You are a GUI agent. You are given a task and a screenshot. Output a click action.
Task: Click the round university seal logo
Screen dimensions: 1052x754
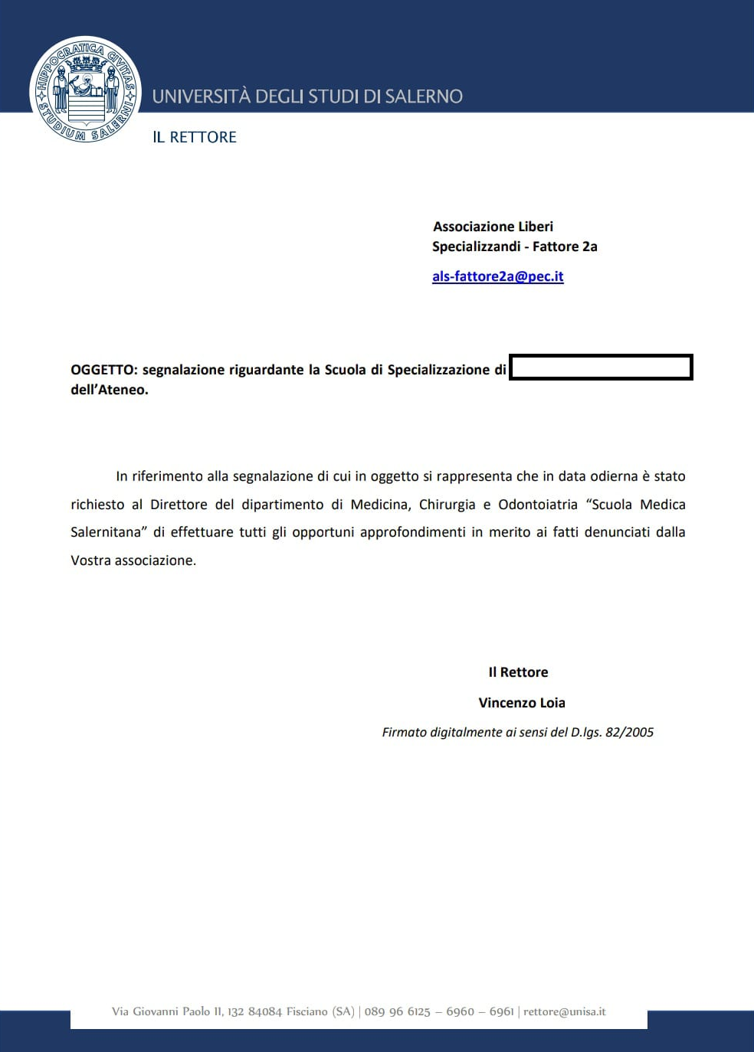pos(85,90)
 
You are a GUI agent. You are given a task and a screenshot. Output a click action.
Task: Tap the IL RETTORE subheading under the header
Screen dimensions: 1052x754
pos(195,137)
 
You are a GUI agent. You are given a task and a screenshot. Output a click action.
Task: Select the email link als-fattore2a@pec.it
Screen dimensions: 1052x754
pos(497,276)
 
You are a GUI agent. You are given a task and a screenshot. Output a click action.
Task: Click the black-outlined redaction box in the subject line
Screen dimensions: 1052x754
pos(601,368)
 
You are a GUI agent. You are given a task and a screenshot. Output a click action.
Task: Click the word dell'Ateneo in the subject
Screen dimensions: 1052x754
pos(109,390)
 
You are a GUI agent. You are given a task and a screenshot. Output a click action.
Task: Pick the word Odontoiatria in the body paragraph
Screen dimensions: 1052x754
pos(537,505)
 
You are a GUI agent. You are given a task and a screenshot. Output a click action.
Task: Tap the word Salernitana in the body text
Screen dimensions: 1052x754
pos(107,532)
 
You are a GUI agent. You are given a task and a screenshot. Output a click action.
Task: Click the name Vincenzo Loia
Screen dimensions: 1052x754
pos(522,703)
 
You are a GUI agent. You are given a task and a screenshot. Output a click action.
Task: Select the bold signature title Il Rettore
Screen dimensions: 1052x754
pos(518,672)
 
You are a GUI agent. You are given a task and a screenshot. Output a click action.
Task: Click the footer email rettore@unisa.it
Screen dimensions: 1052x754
pos(564,1011)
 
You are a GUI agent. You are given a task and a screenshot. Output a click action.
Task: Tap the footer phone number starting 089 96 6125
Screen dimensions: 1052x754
pos(398,1011)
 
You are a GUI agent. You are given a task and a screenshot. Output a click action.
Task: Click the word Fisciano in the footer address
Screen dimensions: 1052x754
pos(307,1011)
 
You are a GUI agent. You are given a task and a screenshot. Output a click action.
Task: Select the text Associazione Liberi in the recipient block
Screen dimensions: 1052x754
pos(493,227)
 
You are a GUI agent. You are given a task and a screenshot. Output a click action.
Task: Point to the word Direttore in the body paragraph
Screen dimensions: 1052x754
pos(179,505)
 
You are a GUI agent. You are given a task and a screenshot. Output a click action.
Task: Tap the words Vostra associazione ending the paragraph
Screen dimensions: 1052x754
pos(133,560)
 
